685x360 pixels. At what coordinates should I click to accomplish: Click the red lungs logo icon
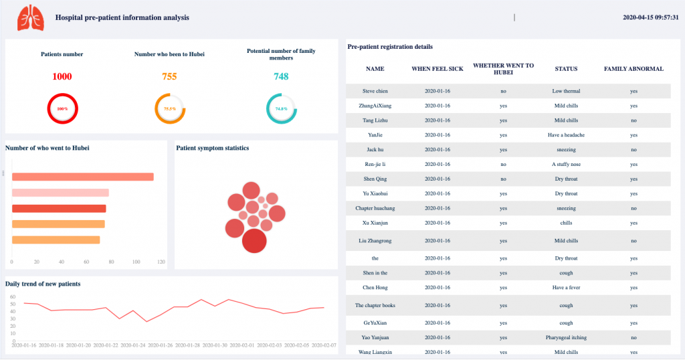click(31, 17)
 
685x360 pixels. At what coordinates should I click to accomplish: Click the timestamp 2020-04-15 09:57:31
click(650, 17)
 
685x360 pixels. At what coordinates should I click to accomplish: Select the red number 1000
click(62, 77)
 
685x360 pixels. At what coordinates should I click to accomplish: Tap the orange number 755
click(169, 77)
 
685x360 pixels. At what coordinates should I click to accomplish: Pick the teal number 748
click(281, 77)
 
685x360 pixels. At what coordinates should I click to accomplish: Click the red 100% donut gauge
click(62, 108)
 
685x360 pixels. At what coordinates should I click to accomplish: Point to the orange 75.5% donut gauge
click(170, 108)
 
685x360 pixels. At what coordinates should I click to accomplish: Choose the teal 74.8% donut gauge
click(281, 108)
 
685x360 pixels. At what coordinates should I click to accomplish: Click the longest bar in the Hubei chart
click(83, 177)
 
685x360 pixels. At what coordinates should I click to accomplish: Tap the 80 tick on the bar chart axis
click(111, 262)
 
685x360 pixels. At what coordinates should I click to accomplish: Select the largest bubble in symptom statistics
click(254, 241)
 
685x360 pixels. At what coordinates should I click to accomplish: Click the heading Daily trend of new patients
click(43, 284)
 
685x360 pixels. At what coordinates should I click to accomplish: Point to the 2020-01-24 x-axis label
click(132, 345)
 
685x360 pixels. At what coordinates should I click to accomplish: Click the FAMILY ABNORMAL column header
click(633, 69)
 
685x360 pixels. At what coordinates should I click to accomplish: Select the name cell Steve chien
click(375, 91)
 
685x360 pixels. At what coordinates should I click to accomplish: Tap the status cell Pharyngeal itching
click(566, 338)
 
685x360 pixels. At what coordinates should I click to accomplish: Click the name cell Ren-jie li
click(375, 164)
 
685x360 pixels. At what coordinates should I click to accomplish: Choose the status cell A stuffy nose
click(566, 164)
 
